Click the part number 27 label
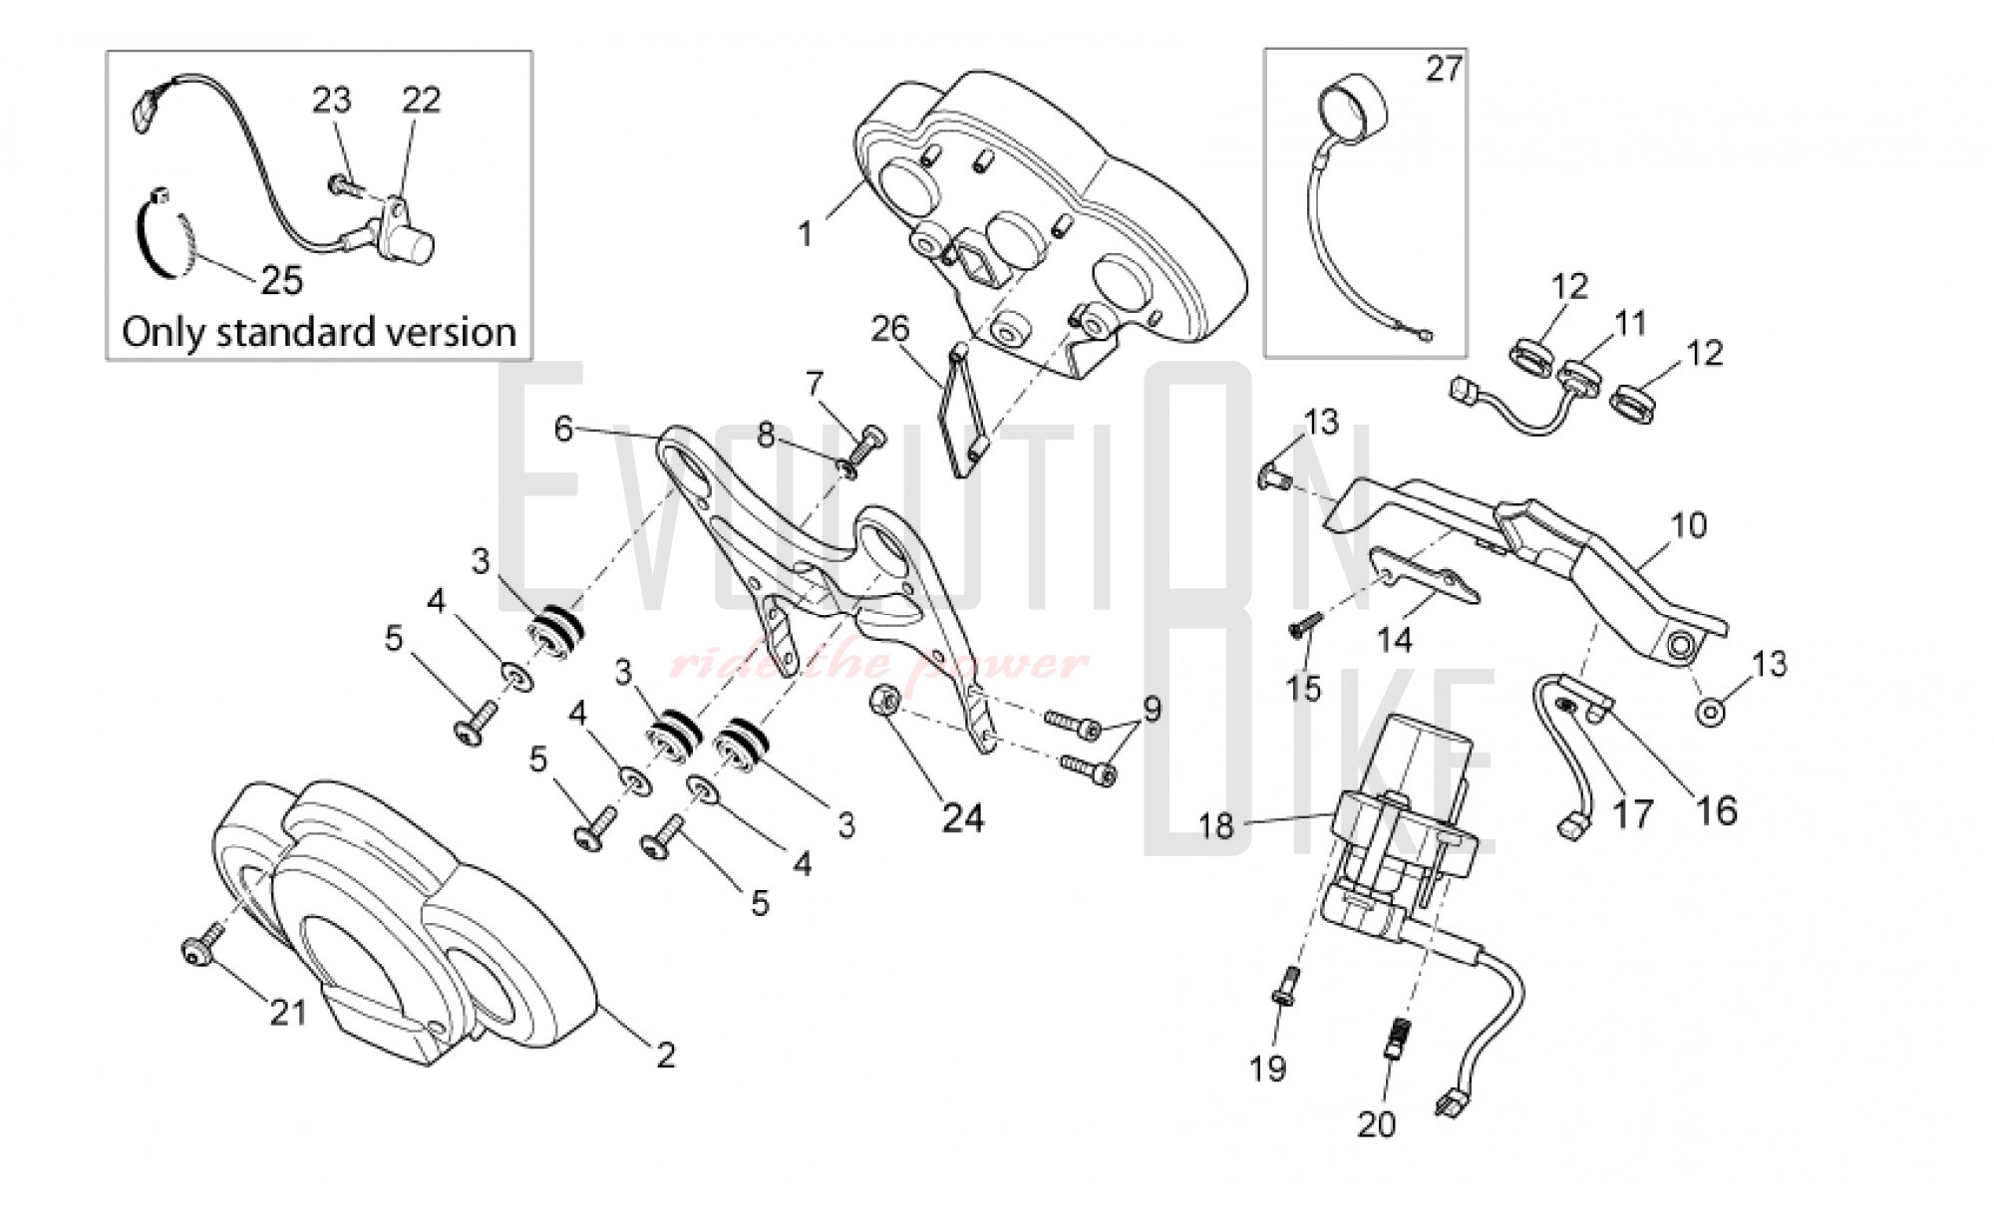tap(1444, 69)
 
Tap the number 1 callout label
tap(805, 235)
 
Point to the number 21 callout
tap(288, 1013)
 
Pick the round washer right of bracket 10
tap(1711, 712)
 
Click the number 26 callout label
tap(890, 328)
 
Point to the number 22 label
tap(421, 100)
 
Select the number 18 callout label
tap(1216, 825)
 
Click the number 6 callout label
tap(564, 430)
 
